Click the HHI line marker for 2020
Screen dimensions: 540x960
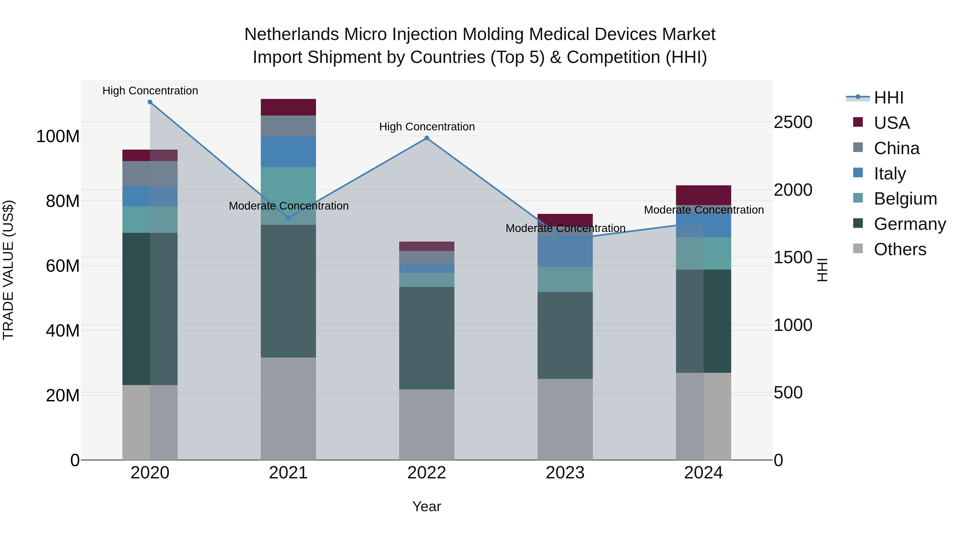pyautogui.click(x=150, y=102)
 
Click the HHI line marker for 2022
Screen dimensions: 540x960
pyautogui.click(x=427, y=138)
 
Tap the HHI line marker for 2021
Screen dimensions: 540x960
pyautogui.click(x=288, y=218)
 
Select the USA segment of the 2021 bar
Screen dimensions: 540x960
pyautogui.click(x=288, y=107)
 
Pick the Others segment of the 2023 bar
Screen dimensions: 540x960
pyautogui.click(x=565, y=419)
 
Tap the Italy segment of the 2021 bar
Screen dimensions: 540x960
pyautogui.click(x=288, y=152)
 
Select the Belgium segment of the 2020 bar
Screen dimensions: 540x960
pyautogui.click(x=150, y=219)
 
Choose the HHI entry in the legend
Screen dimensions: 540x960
pyautogui.click(x=889, y=98)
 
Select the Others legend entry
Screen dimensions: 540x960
pyautogui.click(x=900, y=249)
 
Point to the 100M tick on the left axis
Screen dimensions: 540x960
pyautogui.click(x=58, y=136)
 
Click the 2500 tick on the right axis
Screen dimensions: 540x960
pyautogui.click(x=793, y=122)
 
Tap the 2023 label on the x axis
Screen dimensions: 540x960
pyautogui.click(x=565, y=473)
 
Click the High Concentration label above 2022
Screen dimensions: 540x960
pyautogui.click(x=427, y=127)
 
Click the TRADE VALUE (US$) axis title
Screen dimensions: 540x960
pyautogui.click(x=8, y=270)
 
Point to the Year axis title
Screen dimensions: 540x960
pyautogui.click(x=427, y=506)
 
